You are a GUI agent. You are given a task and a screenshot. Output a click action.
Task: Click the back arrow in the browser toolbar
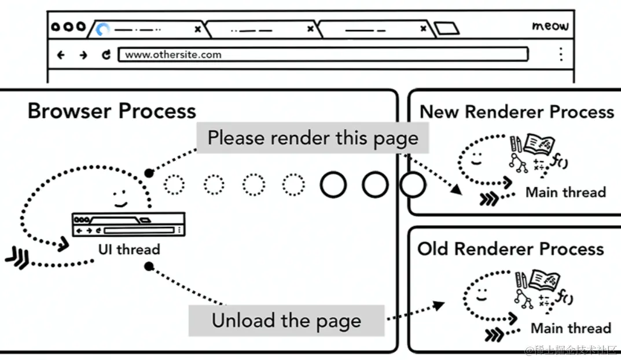61,55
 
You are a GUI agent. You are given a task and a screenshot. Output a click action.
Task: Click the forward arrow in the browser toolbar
83,55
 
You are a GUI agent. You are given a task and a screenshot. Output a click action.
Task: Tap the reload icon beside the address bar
106,55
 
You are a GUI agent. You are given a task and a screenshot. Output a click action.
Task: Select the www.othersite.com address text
173,55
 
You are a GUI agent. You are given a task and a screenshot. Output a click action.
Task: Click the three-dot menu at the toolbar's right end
560,54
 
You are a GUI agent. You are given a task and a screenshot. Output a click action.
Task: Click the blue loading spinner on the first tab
103,29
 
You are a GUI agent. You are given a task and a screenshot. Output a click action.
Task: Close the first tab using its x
198,28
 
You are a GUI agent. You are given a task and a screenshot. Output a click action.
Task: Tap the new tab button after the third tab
446,28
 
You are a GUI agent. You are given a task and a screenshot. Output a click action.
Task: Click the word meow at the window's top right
550,26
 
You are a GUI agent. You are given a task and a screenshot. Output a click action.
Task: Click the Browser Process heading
112,111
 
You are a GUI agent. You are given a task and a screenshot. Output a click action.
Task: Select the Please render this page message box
313,138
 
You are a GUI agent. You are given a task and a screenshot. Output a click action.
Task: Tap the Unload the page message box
286,320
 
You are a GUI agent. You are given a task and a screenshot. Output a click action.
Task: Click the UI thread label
129,250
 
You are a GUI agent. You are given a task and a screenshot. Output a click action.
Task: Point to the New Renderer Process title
517,111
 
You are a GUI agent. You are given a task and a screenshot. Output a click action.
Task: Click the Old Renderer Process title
510,249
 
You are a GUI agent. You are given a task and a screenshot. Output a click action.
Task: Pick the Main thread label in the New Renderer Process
565,192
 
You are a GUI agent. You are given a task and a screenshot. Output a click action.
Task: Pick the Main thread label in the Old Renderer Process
571,328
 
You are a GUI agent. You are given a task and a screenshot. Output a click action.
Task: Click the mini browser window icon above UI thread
128,224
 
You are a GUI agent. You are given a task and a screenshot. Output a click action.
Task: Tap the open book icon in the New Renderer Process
539,145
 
